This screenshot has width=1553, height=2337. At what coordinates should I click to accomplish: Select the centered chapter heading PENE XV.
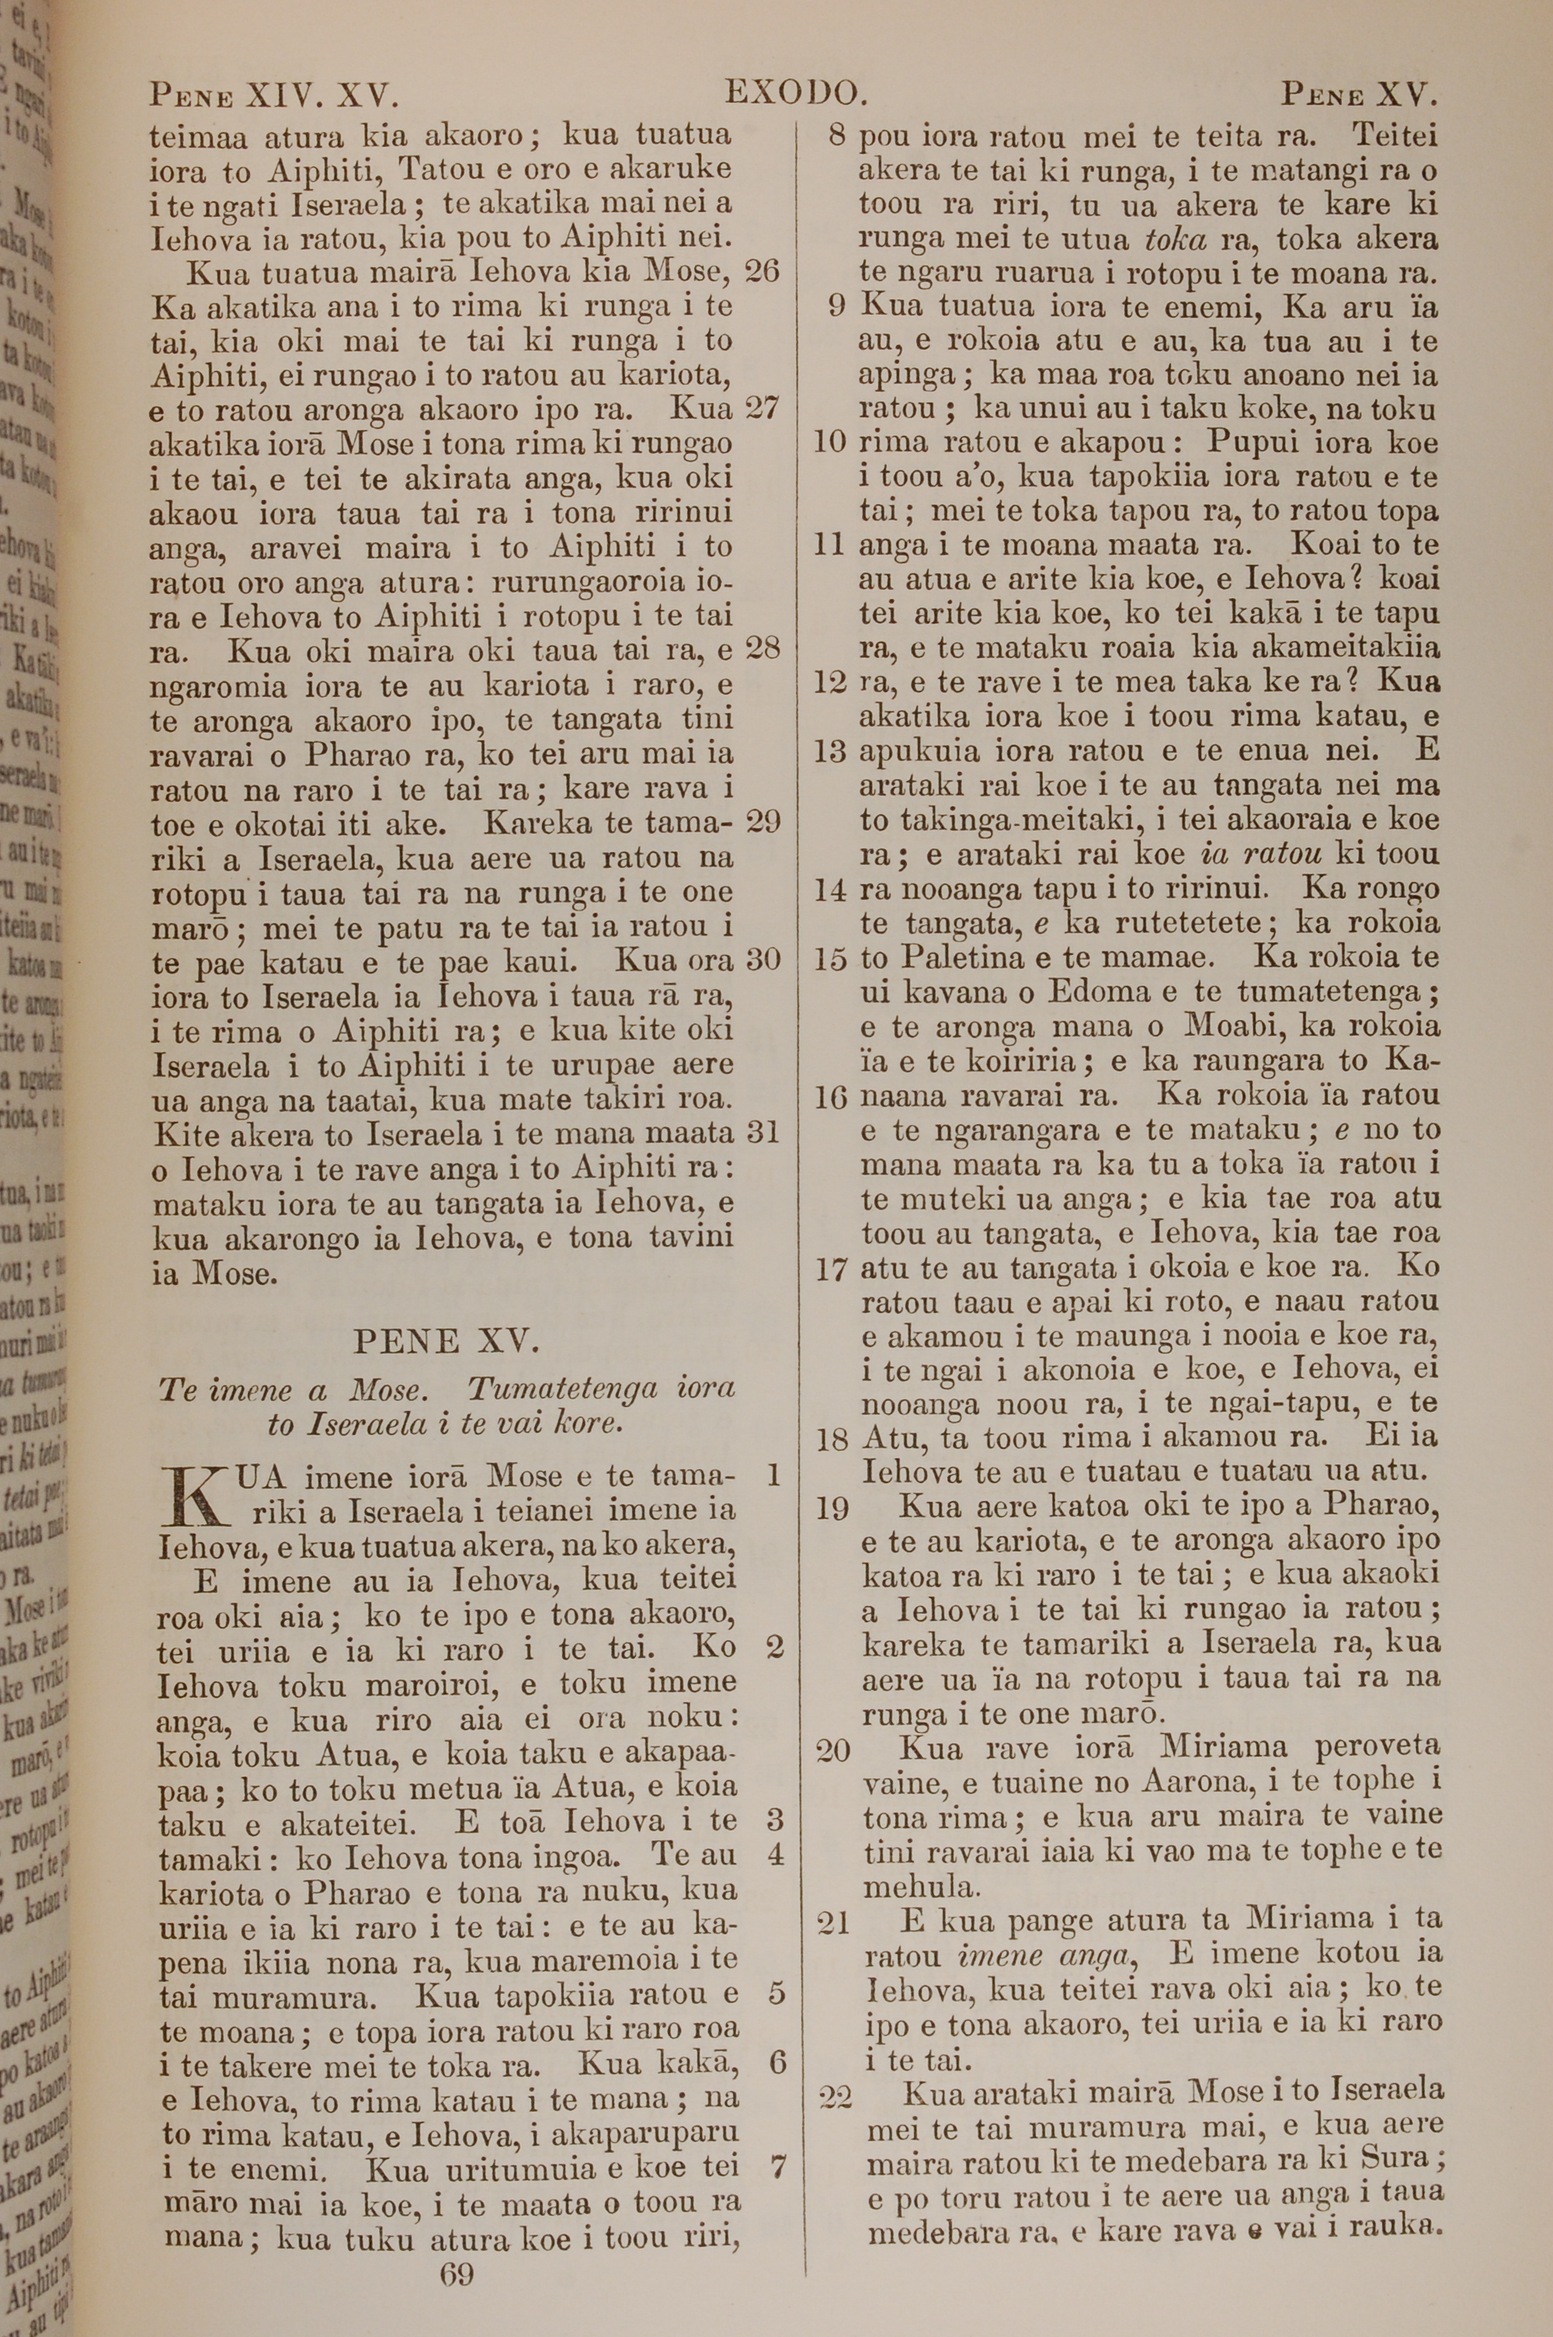click(446, 1342)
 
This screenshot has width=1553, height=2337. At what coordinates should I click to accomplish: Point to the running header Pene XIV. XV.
click(273, 96)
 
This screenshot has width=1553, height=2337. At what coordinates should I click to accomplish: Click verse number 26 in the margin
click(762, 270)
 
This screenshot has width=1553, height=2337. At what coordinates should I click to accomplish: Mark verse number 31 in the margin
click(762, 1131)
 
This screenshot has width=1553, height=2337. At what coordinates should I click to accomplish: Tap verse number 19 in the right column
click(833, 1509)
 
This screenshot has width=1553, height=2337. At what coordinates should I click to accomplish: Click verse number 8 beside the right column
click(838, 136)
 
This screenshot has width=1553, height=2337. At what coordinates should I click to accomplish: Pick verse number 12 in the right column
click(831, 683)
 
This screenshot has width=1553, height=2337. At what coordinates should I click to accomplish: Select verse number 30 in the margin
click(762, 959)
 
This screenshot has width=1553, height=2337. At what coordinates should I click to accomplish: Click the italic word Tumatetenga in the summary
click(562, 1389)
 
